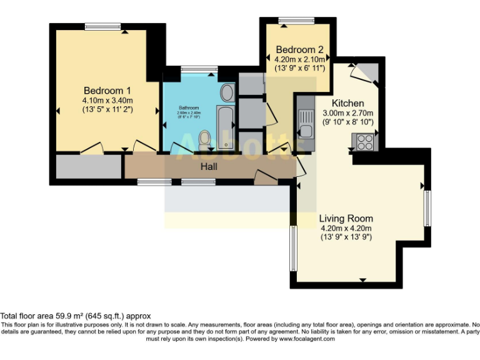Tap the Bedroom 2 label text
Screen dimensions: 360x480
coord(299,50)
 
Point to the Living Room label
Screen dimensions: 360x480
coord(346,219)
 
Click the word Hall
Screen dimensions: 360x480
coord(209,167)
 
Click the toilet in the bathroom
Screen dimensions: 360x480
coord(204,138)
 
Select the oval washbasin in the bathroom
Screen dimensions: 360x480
coord(227,94)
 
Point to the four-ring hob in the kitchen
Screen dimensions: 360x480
coord(364,142)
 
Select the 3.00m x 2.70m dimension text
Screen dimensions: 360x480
coord(347,114)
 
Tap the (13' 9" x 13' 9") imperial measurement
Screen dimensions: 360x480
coord(346,237)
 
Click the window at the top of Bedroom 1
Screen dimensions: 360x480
coord(103,26)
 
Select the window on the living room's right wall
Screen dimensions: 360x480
coord(428,208)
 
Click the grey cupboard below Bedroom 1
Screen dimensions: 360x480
coord(88,167)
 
